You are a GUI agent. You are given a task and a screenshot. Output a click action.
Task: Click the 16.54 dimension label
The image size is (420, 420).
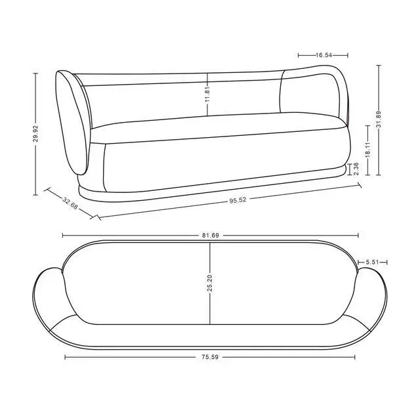pos(324,55)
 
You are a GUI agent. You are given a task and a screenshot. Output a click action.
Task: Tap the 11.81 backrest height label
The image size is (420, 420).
pos(207,94)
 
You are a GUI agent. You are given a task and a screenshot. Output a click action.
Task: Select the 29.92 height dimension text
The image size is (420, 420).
pos(36,133)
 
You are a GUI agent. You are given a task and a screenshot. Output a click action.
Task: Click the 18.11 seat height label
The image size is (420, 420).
pos(367,150)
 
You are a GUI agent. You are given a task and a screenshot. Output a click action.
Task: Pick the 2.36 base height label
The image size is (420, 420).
pos(356,169)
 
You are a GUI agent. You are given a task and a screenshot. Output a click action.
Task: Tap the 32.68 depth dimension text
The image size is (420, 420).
pos(70,203)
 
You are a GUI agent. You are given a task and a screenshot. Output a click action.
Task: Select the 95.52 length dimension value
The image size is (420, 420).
pos(238,200)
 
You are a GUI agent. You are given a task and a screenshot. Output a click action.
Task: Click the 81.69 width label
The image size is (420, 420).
pos(210,236)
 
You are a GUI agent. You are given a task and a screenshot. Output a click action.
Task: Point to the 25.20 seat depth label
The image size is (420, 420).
pos(210,283)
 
